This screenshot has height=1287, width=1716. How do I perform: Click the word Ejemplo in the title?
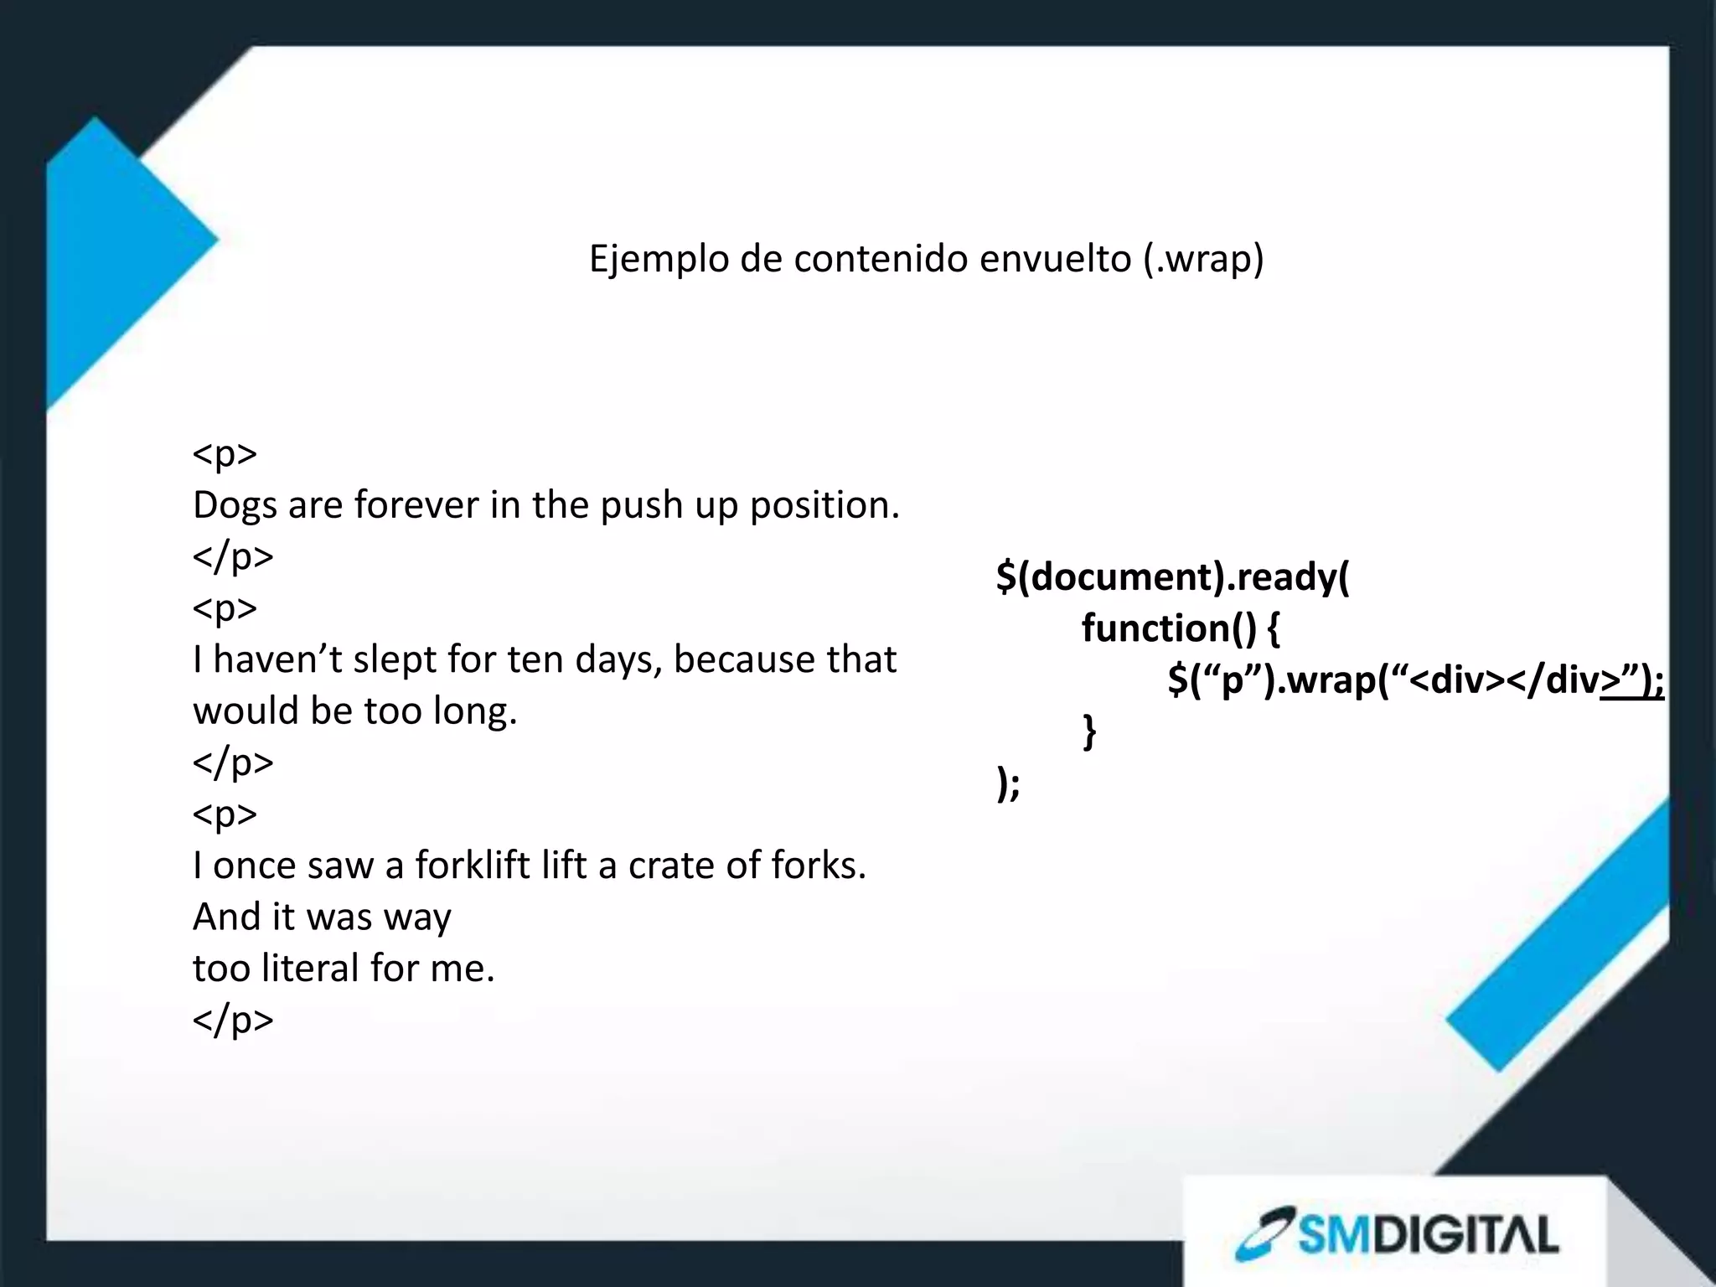tap(657, 259)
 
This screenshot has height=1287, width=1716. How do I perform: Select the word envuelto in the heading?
tap(1053, 259)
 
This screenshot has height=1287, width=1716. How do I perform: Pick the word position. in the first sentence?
tap(824, 506)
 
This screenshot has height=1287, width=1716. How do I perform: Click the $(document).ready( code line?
tap(1172, 577)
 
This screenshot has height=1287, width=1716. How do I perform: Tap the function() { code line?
tap(1180, 628)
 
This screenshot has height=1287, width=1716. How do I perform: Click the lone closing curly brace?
tap(1089, 731)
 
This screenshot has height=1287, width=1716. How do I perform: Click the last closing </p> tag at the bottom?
tap(233, 1021)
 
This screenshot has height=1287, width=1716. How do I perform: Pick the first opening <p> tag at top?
tap(225, 455)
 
